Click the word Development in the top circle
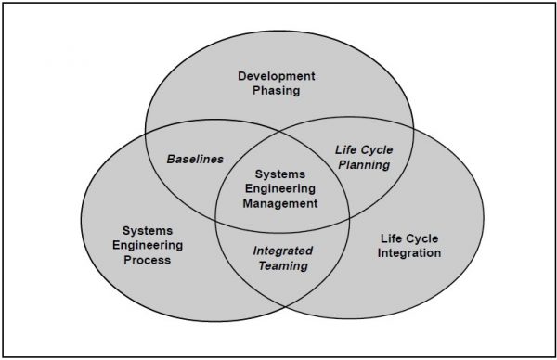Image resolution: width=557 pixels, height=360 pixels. [276, 74]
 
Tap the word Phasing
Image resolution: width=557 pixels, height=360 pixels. [276, 90]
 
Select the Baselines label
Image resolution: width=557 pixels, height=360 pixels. [195, 159]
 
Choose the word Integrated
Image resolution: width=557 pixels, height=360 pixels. [283, 251]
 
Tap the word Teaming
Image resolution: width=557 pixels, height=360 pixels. [283, 265]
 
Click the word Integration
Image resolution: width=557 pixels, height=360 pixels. [409, 252]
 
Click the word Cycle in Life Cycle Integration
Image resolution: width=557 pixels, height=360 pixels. [421, 238]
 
